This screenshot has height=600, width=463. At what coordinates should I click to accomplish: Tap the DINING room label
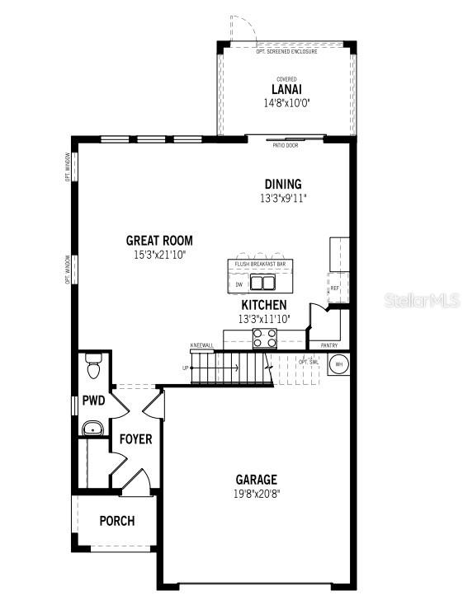[x=283, y=184]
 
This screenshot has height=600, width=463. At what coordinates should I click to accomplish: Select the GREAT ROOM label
[x=159, y=241]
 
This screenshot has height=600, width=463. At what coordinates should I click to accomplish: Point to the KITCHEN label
[x=263, y=305]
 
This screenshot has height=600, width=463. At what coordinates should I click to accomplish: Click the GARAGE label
[x=257, y=480]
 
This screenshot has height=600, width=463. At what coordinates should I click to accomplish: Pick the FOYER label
[x=135, y=439]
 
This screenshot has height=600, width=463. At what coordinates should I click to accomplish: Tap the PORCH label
[x=116, y=521]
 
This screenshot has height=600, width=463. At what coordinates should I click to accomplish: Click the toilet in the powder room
[x=92, y=365]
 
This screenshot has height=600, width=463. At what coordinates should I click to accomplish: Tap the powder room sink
[x=92, y=428]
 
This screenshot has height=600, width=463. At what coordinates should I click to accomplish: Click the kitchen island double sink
[x=263, y=284]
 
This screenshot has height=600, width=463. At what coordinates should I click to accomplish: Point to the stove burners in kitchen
[x=265, y=337]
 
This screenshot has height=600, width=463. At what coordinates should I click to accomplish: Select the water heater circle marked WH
[x=338, y=364]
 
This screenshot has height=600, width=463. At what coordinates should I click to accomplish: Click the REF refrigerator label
[x=334, y=288]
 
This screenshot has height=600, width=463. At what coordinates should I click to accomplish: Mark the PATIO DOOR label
[x=286, y=145]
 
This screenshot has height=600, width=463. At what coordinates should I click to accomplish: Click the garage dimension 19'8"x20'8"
[x=257, y=494]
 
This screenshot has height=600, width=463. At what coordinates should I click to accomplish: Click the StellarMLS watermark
[x=421, y=302]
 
